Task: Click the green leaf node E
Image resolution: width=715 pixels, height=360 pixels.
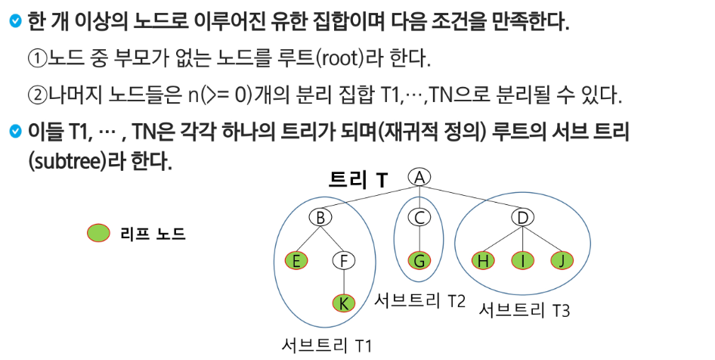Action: (x=296, y=261)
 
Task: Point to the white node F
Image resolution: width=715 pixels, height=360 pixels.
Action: (x=344, y=261)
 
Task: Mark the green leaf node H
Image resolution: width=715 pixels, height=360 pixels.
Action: (x=481, y=261)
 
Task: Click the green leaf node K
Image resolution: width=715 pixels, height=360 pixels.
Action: (x=344, y=303)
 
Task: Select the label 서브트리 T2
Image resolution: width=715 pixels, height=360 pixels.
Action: (x=420, y=299)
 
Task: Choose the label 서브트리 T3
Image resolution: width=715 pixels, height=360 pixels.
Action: (x=525, y=310)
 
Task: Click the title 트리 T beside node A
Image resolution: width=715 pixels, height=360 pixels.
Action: (x=359, y=179)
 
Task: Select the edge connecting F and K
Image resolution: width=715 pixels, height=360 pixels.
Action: (x=344, y=282)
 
